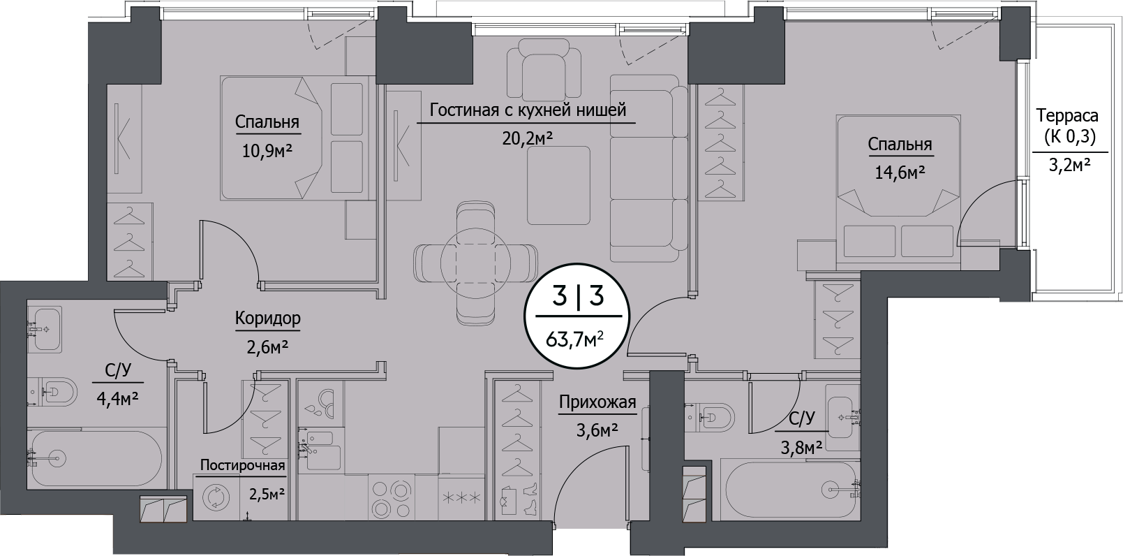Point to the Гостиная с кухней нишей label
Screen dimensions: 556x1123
pos(528,110)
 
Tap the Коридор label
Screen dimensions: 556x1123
pos(268,319)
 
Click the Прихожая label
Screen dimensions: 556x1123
pos(597,402)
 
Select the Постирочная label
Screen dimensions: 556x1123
pos(242,466)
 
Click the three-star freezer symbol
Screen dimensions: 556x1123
pos(460,498)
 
